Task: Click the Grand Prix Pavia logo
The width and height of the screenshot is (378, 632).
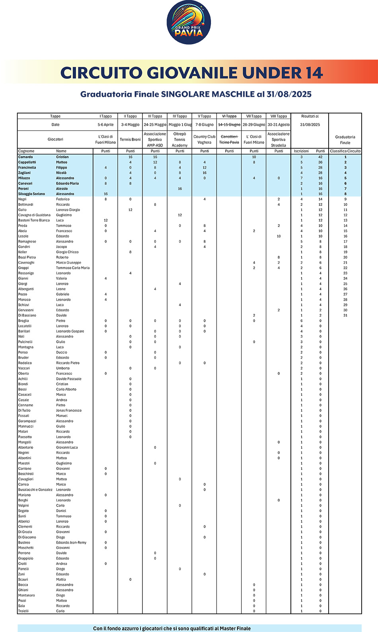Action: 189,22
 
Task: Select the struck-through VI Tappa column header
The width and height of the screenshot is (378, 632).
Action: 229,116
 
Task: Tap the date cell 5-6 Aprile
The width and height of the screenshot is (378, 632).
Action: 105,125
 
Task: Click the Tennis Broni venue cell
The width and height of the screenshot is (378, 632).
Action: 130,139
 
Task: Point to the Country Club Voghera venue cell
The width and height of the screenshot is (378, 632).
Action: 205,139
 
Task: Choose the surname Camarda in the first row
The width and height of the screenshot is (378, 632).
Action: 25,157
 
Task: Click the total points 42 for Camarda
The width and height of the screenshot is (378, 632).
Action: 320,157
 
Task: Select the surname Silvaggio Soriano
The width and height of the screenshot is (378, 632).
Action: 31,194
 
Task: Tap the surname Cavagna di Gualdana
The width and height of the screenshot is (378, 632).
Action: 34,215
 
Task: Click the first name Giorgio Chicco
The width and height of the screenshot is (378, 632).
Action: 67,252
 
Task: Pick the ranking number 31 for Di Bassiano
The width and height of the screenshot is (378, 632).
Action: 345,315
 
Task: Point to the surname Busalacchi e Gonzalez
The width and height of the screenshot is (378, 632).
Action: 35,490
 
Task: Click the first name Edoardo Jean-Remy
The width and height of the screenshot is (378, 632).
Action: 71,542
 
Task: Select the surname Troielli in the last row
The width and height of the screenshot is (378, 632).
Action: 23,611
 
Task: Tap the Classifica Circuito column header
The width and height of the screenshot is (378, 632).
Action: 345,151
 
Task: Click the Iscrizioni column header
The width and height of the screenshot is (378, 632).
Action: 301,151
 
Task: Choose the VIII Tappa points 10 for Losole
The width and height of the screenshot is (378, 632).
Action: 279,236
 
